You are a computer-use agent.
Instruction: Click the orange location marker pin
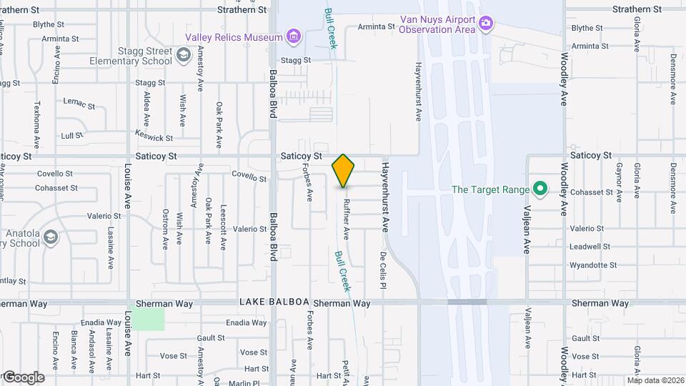[344, 170]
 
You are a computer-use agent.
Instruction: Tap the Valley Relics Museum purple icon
[292, 36]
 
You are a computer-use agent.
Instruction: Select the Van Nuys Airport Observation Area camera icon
[486, 24]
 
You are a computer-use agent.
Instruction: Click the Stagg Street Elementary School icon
[184, 54]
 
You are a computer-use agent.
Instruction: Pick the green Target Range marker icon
[541, 189]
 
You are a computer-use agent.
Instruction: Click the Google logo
[23, 377]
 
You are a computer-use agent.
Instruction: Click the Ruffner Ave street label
[346, 218]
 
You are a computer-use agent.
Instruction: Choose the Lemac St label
[79, 104]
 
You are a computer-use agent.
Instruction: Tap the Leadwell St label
[588, 247]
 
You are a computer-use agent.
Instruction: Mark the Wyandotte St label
[592, 265]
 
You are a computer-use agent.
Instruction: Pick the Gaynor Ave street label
[619, 182]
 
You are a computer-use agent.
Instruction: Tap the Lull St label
[72, 135]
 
